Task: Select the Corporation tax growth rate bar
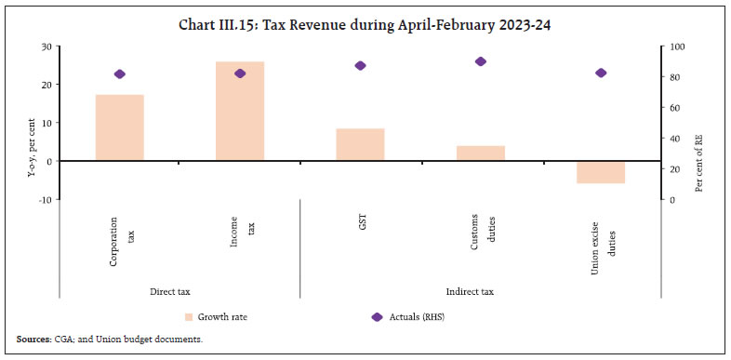pos(120,127)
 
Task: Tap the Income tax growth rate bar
pos(240,111)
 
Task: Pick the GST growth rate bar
pos(360,144)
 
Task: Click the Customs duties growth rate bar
pos(480,153)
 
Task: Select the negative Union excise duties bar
pos(601,171)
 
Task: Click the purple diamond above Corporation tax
pos(120,74)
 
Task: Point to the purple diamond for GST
pos(360,66)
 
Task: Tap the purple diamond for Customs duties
pos(481,61)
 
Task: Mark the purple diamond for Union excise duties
pos(601,73)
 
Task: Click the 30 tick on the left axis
pos(44,47)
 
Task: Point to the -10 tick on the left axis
pos(42,199)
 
